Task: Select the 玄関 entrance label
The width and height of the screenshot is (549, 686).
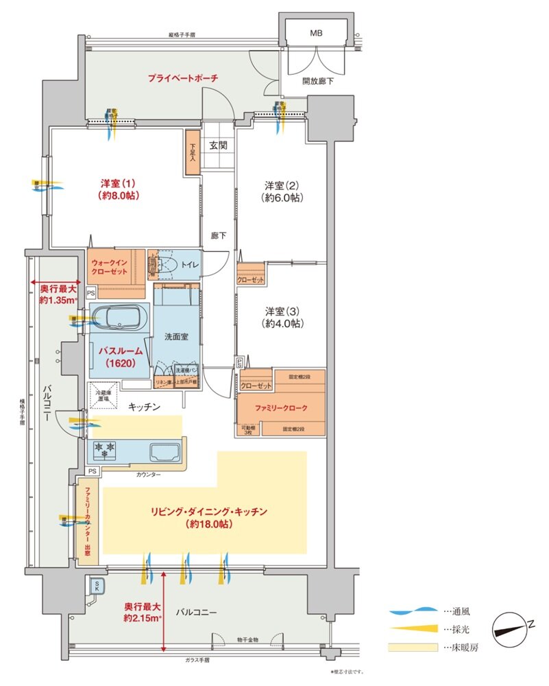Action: pyautogui.click(x=219, y=145)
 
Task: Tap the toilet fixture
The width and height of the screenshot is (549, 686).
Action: pyautogui.click(x=165, y=264)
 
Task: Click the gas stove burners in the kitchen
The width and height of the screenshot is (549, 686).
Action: pyautogui.click(x=106, y=451)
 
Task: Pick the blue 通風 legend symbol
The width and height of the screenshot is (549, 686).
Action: pyautogui.click(x=412, y=609)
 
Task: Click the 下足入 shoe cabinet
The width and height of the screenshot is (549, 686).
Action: pyautogui.click(x=192, y=152)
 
